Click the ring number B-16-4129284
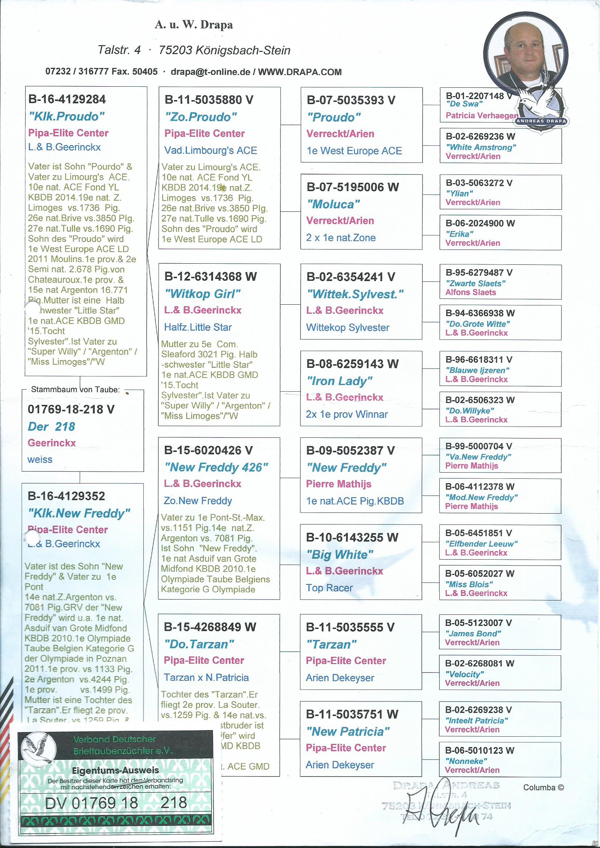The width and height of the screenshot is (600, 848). (x=67, y=99)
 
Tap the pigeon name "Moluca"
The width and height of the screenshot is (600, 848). (x=333, y=204)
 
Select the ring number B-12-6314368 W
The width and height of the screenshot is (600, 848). (x=210, y=277)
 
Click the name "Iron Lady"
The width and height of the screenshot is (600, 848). (x=339, y=381)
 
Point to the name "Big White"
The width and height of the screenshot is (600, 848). (x=340, y=554)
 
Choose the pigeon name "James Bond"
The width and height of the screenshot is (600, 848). (x=473, y=633)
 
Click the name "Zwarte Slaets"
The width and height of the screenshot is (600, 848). (x=475, y=284)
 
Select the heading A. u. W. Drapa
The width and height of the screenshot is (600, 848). (x=194, y=25)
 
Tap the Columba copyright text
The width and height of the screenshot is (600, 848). (x=543, y=787)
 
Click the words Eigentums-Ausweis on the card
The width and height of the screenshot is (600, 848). (x=116, y=770)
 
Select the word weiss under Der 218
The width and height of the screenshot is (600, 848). (x=40, y=460)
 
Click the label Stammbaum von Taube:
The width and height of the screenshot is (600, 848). (x=75, y=389)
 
